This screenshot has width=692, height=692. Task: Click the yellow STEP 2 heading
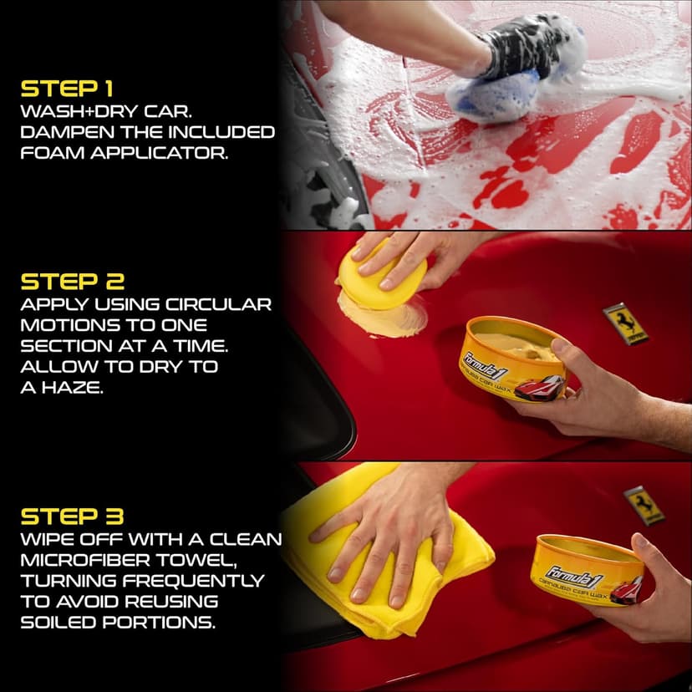click(x=72, y=281)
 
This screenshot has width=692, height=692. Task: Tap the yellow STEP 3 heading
click(x=72, y=516)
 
